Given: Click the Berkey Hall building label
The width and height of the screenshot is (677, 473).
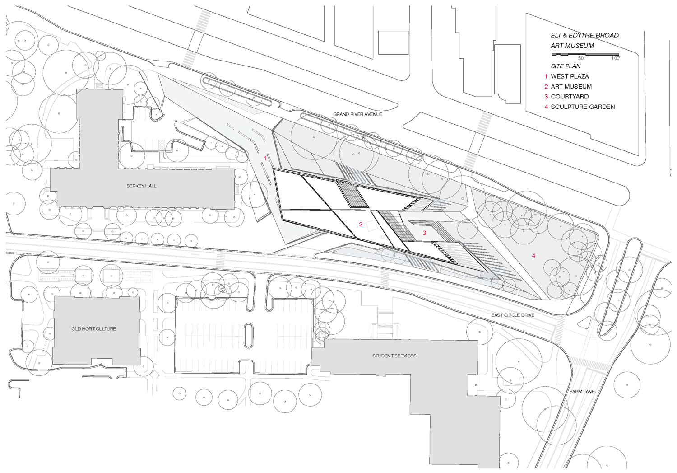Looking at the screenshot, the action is (141, 186).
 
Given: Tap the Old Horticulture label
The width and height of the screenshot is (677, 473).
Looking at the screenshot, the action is (94, 329).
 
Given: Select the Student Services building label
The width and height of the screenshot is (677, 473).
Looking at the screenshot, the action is (394, 356).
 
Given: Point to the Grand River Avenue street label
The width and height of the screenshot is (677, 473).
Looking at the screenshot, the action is (357, 114).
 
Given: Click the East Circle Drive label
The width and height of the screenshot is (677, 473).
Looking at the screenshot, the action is (513, 315).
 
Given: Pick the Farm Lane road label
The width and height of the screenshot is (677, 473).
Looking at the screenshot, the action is (582, 391).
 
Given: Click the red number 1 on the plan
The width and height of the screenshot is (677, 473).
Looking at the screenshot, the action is (265, 158).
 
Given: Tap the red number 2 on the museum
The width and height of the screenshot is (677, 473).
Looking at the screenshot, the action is (361, 225).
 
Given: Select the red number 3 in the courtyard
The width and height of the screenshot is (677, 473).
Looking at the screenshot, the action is (424, 233).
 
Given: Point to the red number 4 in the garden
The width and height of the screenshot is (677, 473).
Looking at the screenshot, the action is (533, 256).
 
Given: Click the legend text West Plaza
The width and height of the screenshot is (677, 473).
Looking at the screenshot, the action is (570, 76).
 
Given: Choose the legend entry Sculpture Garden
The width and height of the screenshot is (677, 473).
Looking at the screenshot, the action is (583, 107).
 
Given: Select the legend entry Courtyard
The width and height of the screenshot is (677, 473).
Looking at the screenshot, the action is (570, 97).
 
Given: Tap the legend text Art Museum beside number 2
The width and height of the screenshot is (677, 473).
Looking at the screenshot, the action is (571, 86).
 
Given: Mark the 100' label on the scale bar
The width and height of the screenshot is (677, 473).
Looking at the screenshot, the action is (615, 58).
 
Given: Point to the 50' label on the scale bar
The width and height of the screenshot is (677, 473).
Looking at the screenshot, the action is (581, 58).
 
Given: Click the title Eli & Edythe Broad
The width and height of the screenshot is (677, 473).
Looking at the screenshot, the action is (584, 35).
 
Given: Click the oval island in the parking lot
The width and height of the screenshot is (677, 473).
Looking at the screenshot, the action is (248, 335).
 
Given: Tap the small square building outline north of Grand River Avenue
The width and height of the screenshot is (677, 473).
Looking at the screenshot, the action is (393, 42).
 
